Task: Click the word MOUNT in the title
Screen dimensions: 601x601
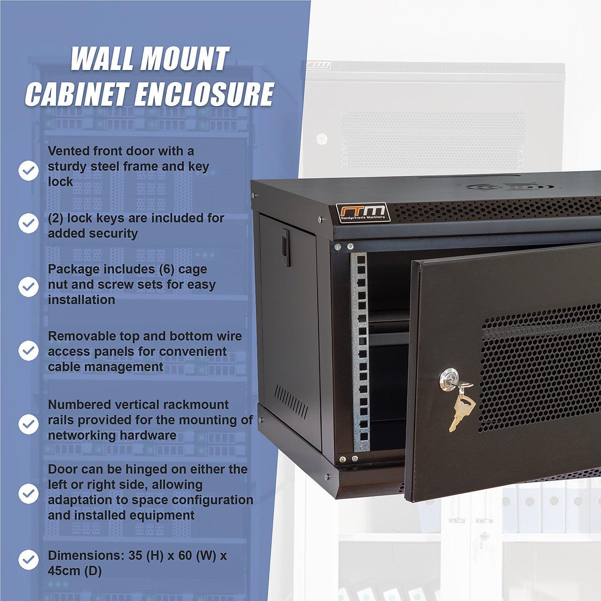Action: pos(184,58)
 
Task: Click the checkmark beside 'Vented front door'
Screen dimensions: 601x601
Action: pos(29,171)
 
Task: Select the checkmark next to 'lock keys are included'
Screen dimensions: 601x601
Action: pos(29,223)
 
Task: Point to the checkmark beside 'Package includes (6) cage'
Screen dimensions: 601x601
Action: pos(29,287)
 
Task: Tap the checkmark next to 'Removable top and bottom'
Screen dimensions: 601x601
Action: pos(29,350)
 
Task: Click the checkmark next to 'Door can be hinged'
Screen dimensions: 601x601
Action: pos(29,494)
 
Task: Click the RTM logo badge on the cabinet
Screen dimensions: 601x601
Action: pos(363,212)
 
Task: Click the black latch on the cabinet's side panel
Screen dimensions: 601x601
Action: pos(285,247)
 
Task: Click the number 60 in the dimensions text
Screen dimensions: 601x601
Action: pos(185,556)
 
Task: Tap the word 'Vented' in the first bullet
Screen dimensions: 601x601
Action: pos(69,151)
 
